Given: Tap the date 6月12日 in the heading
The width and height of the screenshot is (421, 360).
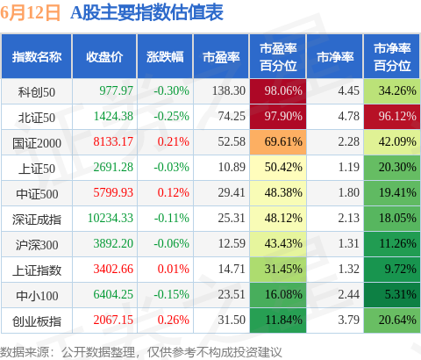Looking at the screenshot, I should [32, 13].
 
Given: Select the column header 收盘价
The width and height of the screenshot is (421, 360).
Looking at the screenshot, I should [104, 57].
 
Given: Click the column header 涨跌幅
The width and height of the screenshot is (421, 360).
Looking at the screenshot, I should [165, 57].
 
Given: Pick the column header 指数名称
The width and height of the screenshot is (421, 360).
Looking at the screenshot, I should [37, 57].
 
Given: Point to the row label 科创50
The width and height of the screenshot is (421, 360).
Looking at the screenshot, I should [37, 90].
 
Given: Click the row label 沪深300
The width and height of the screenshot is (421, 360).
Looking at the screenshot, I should [37, 244].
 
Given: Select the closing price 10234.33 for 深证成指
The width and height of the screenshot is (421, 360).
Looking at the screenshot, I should [110, 219].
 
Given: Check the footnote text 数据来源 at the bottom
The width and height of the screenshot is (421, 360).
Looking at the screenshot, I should [26, 350].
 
